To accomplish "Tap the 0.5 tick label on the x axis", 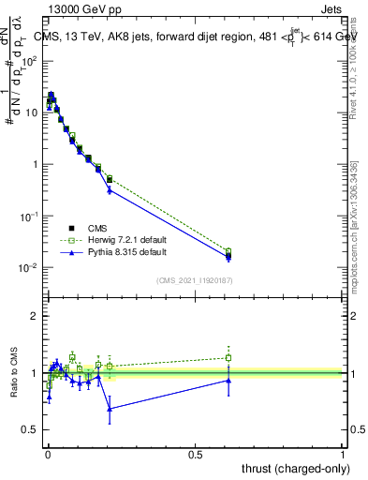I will pos(196,454).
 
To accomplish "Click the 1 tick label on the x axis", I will pos(344,454).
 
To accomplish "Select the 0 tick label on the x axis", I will pos(48,454).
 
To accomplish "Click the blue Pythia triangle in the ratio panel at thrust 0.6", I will pos(228,380).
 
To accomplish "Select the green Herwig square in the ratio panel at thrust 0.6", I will pos(228,357).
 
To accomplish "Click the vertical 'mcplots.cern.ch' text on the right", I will pos(356,234).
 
